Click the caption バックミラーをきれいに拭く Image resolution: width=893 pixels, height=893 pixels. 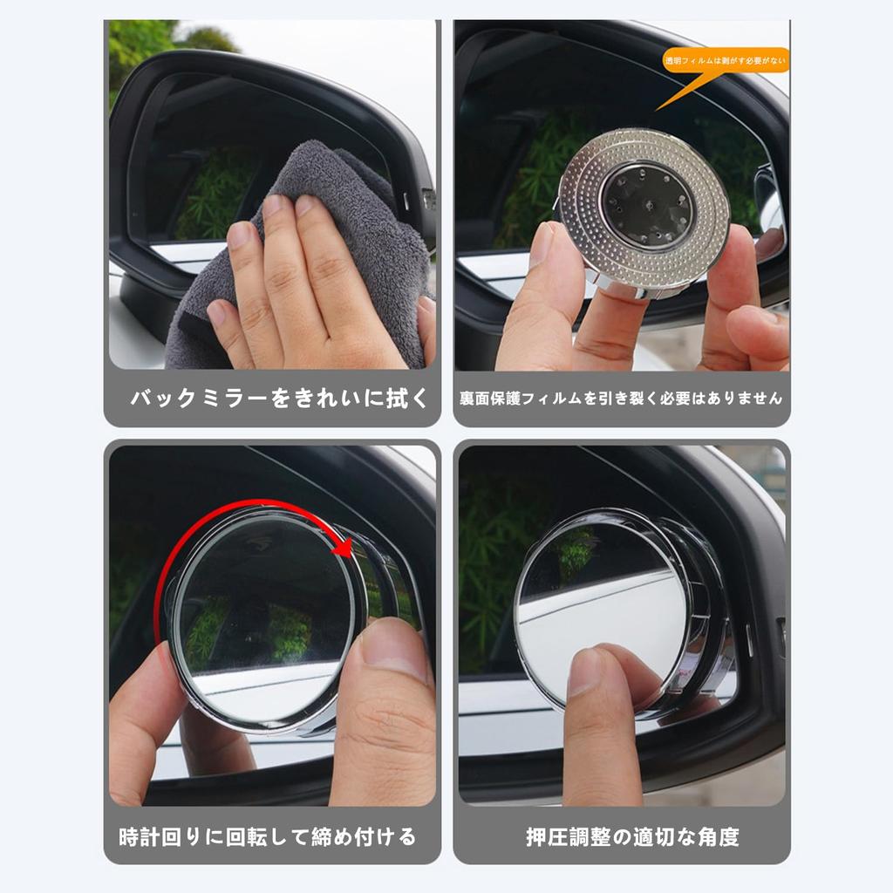tap(279, 399)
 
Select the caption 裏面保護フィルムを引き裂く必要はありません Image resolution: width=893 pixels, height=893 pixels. tap(621, 399)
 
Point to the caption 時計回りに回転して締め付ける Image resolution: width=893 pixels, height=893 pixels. tap(268, 837)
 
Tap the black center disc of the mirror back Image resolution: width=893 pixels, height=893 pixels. tap(646, 206)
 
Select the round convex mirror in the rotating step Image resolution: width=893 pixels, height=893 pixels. tap(262, 615)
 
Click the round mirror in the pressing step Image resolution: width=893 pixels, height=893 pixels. tap(602, 610)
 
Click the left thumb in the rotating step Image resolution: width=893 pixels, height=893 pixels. tap(144, 698)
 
